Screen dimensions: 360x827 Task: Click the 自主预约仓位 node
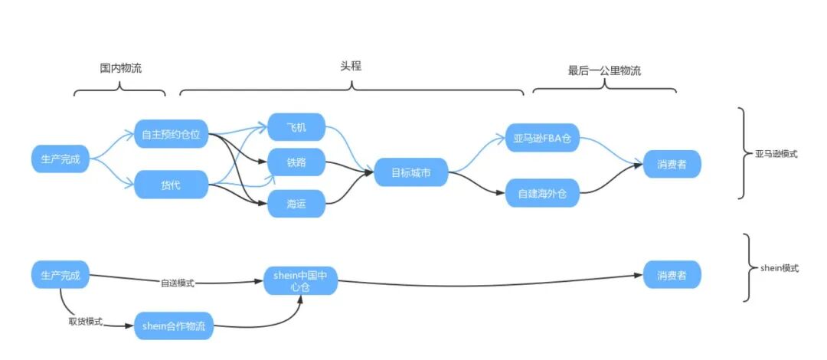click(x=172, y=135)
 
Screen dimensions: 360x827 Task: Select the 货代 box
click(x=172, y=185)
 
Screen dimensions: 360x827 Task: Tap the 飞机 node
click(x=296, y=127)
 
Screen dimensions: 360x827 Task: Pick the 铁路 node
click(x=296, y=162)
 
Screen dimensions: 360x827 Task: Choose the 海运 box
click(x=296, y=203)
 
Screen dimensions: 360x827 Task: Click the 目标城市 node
click(x=410, y=172)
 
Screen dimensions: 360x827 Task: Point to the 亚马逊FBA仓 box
click(x=542, y=139)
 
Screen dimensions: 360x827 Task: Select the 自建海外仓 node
click(x=542, y=192)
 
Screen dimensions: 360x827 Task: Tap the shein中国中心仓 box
click(x=301, y=280)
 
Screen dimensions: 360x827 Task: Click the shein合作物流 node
click(x=174, y=326)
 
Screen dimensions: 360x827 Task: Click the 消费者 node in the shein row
click(x=672, y=274)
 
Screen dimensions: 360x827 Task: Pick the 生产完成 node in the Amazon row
click(x=60, y=159)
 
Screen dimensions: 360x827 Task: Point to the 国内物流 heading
click(x=120, y=68)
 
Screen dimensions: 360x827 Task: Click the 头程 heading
click(x=351, y=66)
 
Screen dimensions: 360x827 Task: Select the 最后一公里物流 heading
click(x=604, y=70)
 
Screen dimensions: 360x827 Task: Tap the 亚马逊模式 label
click(x=776, y=154)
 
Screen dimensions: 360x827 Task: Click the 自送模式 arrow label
click(x=178, y=283)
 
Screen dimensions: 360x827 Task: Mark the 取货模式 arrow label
click(x=86, y=321)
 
